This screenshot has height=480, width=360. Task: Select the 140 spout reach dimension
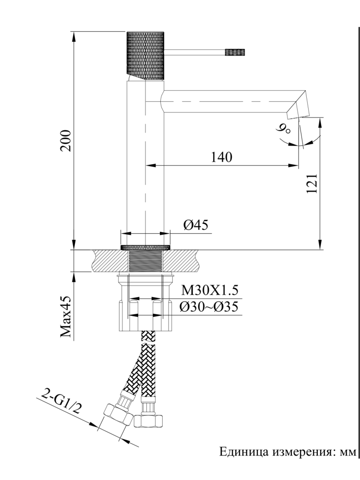coord(221,157)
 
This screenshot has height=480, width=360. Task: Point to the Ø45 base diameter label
coord(195,225)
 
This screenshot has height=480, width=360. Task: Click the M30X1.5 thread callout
coord(209,291)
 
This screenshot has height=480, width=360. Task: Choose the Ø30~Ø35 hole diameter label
coord(209,307)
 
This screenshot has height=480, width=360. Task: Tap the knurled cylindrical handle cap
coord(145,54)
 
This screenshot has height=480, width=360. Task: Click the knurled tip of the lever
coord(236,51)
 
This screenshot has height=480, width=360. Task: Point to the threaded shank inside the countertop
coord(145,261)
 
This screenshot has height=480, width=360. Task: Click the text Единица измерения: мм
coord(288,452)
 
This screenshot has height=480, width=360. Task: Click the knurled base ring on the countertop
coord(145,247)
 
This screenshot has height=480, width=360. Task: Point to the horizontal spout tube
coord(230,101)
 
